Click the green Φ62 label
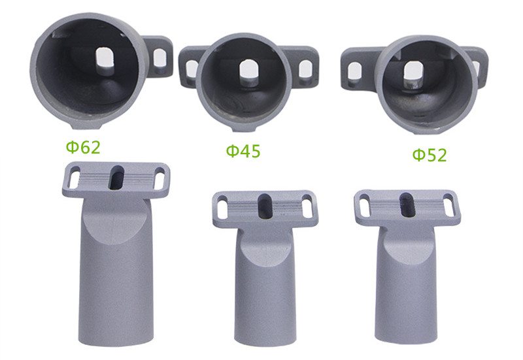[x=83, y=147]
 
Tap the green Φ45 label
[x=243, y=151]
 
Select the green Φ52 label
[x=430, y=155]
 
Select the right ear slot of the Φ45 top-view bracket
[x=305, y=71]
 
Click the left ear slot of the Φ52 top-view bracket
[x=354, y=71]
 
